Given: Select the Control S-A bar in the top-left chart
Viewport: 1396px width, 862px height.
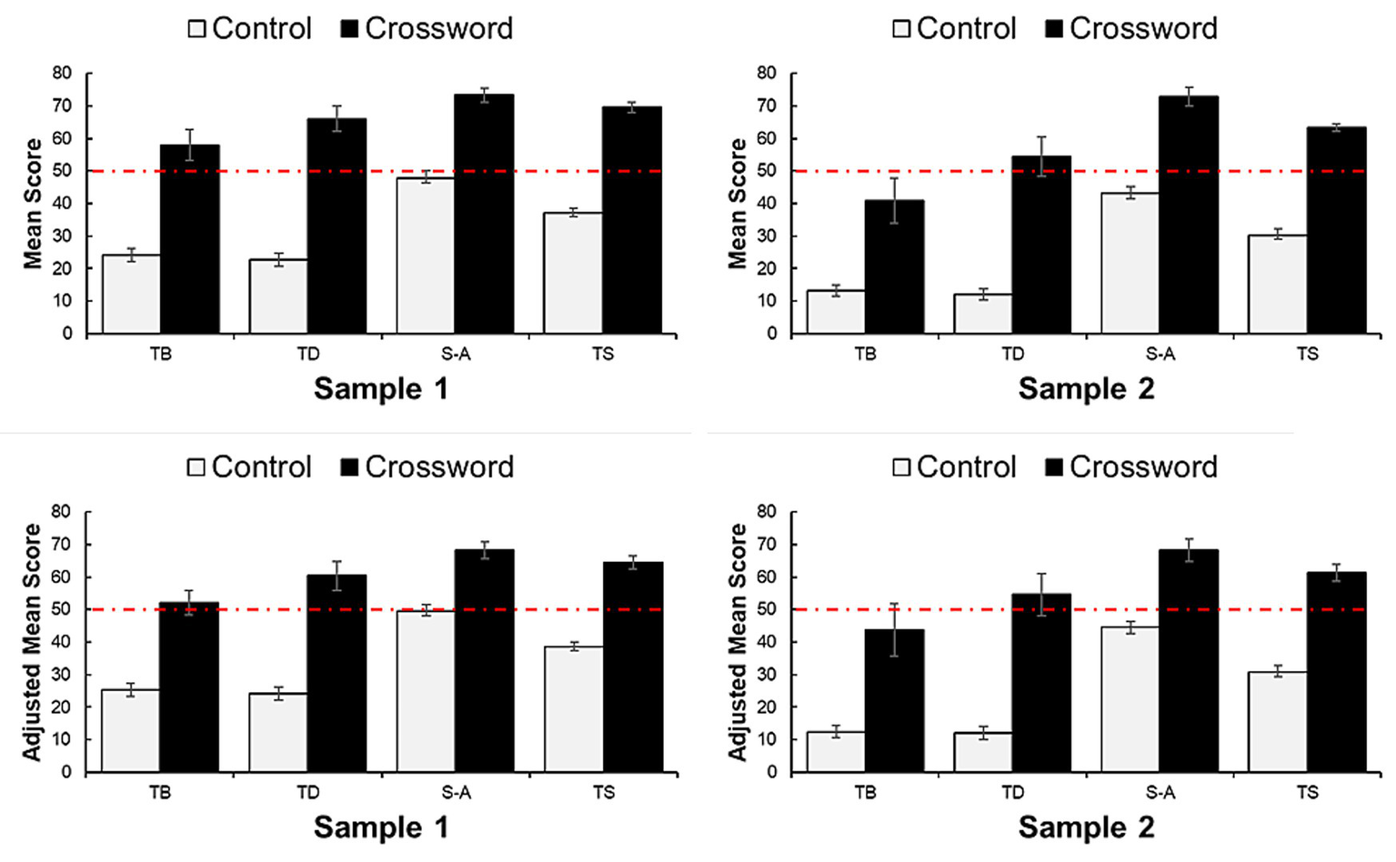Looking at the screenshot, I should pyautogui.click(x=425, y=256).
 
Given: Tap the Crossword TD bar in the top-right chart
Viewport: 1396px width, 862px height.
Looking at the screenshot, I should pyautogui.click(x=1041, y=245).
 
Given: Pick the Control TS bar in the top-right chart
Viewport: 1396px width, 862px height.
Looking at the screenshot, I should pyautogui.click(x=1277, y=284).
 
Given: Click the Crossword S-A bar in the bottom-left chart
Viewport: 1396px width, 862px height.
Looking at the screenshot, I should pyautogui.click(x=484, y=661).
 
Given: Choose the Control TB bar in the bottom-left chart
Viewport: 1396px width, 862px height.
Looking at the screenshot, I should pyautogui.click(x=130, y=731).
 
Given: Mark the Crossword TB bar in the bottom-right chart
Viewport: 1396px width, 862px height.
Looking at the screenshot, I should pyautogui.click(x=894, y=701).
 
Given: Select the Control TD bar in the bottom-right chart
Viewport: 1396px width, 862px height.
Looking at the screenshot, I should pyautogui.click(x=982, y=752).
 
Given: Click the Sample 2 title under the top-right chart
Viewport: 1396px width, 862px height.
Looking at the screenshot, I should pyautogui.click(x=1086, y=389).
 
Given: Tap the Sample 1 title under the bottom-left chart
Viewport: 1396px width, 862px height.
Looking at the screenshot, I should pyautogui.click(x=381, y=827).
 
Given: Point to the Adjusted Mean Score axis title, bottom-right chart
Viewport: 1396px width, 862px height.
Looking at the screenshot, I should pyautogui.click(x=737, y=642).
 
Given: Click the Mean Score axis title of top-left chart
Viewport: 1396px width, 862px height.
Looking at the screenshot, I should pyautogui.click(x=33, y=204).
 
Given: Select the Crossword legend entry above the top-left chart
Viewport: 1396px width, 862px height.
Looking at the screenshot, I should pyautogui.click(x=427, y=28).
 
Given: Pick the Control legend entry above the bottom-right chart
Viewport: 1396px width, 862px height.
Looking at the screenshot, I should pyautogui.click(x=954, y=467).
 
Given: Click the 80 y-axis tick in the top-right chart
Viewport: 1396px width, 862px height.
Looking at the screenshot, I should pyautogui.click(x=767, y=74).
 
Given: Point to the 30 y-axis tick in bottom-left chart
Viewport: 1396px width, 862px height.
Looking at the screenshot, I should pyautogui.click(x=62, y=675).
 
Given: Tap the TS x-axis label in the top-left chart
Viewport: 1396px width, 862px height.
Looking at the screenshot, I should pyautogui.click(x=603, y=354).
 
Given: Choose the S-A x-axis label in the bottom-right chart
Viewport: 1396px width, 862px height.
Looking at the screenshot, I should pyautogui.click(x=1160, y=793).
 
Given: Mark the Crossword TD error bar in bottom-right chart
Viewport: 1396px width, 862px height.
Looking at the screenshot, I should pyautogui.click(x=1041, y=595).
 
